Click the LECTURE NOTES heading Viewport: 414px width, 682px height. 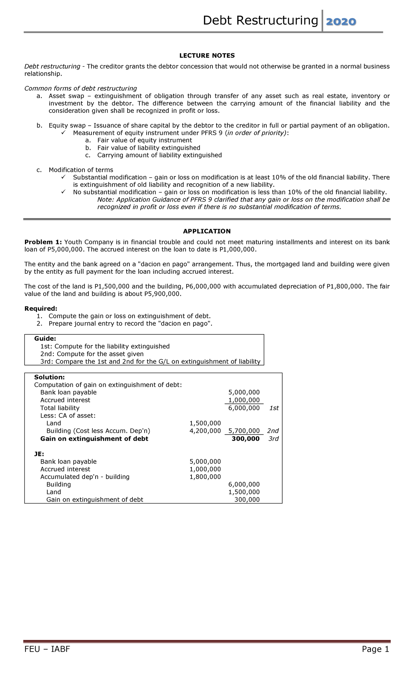tap(207, 56)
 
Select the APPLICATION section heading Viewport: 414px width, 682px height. tap(207, 231)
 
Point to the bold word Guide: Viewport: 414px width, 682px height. tap(45, 339)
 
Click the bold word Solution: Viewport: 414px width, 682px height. tap(49, 377)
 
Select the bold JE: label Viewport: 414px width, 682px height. tap(39, 454)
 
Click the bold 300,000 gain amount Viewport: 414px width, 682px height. tap(246, 439)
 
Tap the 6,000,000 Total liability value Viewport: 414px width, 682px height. tap(244, 408)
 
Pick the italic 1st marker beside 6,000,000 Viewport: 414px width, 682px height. tap(274, 408)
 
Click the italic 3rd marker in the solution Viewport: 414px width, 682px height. tap(273, 439)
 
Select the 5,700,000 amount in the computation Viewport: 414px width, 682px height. tap(244, 431)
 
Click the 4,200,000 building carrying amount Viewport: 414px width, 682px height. tap(205, 431)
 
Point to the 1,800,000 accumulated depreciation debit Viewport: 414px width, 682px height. tap(205, 477)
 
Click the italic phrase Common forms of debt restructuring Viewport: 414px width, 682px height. tap(80, 88)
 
